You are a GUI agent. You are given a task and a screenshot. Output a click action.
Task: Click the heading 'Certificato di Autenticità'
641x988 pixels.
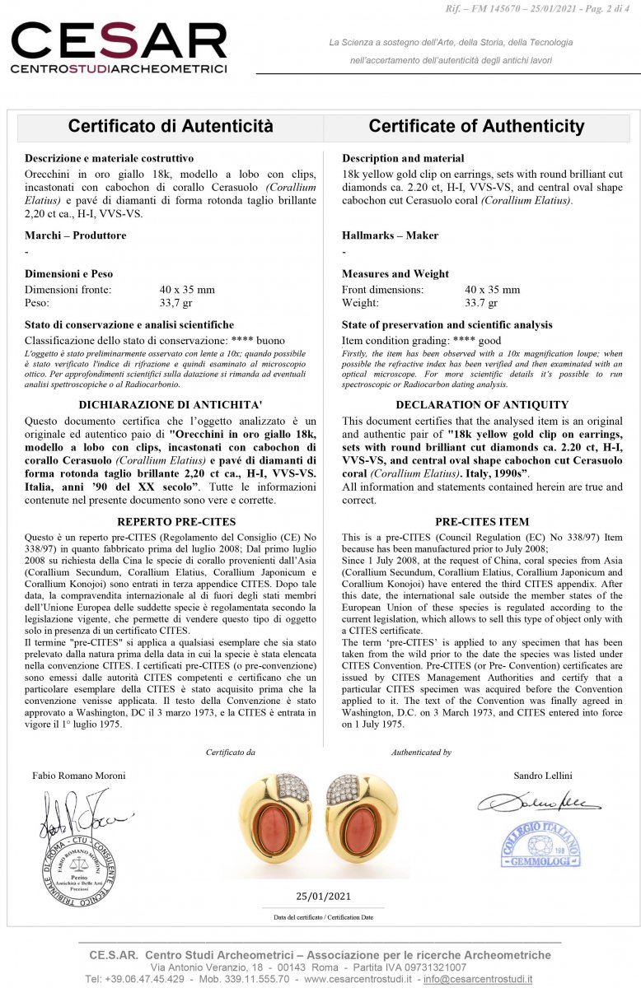pos(171,127)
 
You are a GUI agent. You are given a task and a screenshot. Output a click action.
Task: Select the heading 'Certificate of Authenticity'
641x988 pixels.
pos(476,127)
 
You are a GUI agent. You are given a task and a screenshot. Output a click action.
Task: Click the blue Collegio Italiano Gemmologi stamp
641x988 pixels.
pos(540,844)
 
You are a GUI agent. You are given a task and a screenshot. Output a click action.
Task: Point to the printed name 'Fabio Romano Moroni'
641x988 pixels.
pos(79,776)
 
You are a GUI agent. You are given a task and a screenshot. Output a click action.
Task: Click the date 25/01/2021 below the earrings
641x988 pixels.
pos(323,897)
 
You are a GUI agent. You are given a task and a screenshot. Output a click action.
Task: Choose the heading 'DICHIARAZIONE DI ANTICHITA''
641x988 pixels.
pos(171,404)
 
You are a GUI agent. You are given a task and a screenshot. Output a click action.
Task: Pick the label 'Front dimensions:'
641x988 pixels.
pos(382,290)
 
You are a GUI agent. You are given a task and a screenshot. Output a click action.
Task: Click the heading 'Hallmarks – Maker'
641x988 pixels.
pos(390,235)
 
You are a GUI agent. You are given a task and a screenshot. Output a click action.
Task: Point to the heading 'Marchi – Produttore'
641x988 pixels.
pos(76,235)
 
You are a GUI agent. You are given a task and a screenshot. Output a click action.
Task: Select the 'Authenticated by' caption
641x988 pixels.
pos(421,752)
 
